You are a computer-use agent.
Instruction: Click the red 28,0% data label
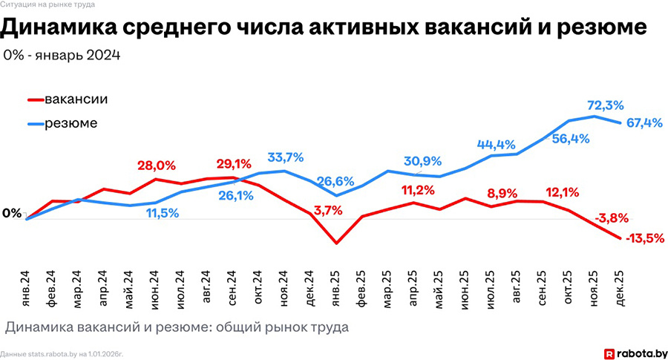coord(155,166)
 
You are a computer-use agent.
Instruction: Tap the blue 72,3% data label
coord(605,105)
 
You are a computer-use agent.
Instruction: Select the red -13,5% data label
coord(644,238)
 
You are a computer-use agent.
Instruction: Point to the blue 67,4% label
coord(644,122)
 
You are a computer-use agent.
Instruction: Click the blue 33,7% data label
coord(285,157)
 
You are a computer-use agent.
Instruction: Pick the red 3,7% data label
coord(328,210)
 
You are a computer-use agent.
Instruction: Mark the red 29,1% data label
coord(234,164)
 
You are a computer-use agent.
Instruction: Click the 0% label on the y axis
coord(12,214)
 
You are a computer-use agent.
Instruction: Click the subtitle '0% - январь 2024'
coord(62,56)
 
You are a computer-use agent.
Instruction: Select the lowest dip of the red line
coord(336,243)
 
